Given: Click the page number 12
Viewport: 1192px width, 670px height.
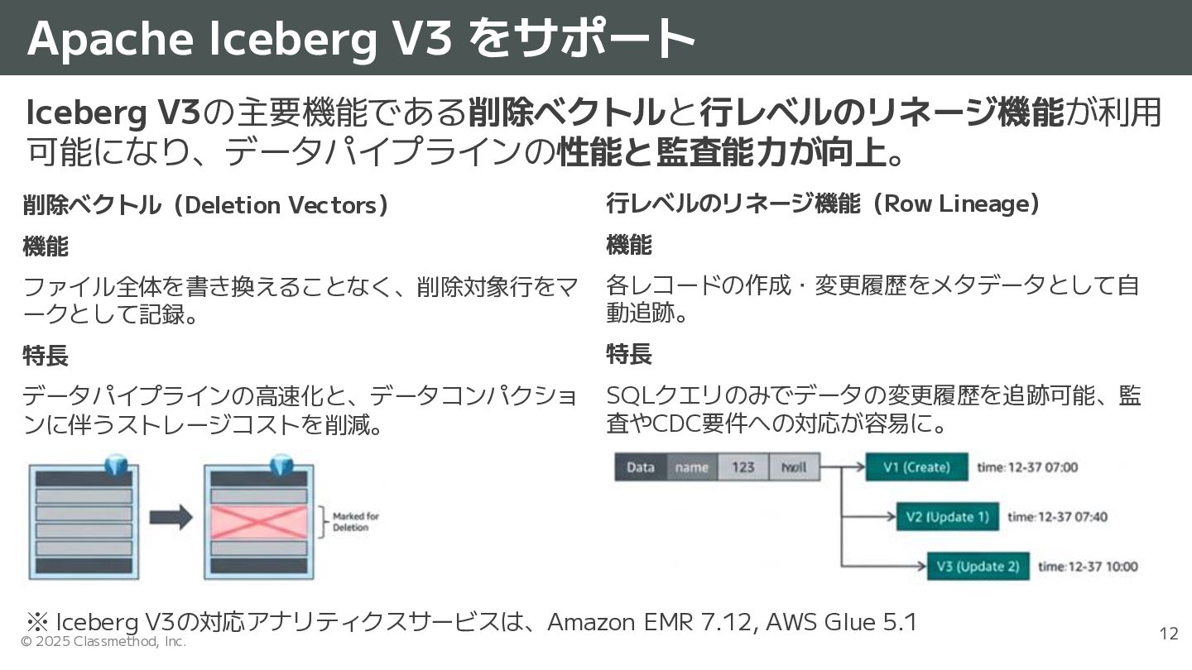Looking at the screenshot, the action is point(1168,634).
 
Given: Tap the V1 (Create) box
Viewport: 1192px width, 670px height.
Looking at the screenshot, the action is point(916,467).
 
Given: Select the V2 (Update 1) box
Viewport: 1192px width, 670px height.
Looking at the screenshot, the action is point(947,517).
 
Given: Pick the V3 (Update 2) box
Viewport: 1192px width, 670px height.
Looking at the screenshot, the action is point(978,567).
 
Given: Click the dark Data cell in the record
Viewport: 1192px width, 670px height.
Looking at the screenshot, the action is point(641,467).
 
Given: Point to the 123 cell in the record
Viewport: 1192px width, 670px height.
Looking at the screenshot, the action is point(743,467).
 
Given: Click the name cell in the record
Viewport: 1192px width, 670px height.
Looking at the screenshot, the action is point(692,467).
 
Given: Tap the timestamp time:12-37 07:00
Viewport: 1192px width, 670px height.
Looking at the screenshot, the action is point(1027,467).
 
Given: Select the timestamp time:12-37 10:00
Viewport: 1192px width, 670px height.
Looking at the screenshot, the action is point(1088,567).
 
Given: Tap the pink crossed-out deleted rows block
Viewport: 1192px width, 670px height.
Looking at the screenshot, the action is point(259,522).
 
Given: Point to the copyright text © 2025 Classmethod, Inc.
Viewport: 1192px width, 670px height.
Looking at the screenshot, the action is point(103,642).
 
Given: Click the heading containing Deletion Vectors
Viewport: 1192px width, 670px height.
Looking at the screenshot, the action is point(206,205).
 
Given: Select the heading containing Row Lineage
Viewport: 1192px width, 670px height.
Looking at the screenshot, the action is point(823,203).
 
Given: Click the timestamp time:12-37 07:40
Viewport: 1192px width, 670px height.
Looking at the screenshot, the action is point(1057,517).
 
